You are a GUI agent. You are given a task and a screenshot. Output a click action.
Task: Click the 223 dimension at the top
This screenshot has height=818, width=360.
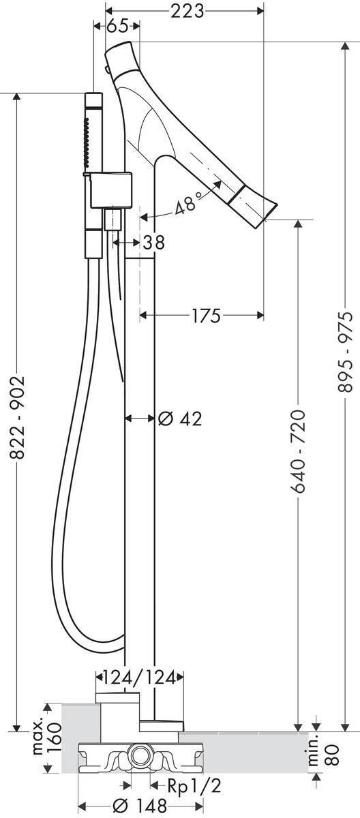click(187, 12)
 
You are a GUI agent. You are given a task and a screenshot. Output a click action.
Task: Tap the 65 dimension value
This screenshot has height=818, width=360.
click(117, 26)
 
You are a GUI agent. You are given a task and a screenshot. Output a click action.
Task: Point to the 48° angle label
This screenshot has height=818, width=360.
click(188, 205)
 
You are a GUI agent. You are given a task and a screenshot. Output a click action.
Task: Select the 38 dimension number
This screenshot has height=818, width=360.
click(153, 242)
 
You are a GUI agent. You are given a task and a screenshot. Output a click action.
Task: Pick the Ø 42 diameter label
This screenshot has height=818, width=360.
click(180, 419)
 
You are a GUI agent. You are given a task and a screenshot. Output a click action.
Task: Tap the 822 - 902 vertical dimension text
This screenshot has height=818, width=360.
click(17, 418)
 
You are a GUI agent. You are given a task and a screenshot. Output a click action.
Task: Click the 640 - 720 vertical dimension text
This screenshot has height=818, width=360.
click(297, 451)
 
